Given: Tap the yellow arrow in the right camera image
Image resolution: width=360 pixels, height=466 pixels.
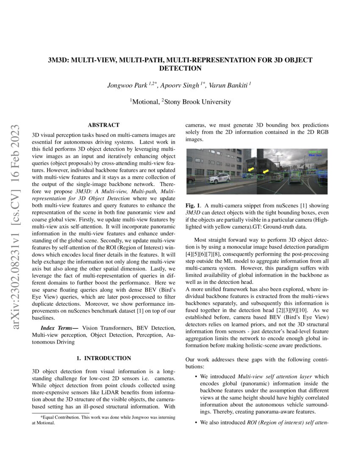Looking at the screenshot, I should click(x=266, y=171).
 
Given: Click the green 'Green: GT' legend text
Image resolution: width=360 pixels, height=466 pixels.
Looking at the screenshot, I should click(x=315, y=151).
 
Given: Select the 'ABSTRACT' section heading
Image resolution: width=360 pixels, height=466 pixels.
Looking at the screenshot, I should click(x=103, y=125).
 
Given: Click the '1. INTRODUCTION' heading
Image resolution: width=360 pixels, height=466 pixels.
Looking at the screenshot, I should click(x=104, y=358).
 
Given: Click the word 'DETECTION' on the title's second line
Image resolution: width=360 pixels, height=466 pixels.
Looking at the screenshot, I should click(x=180, y=68).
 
